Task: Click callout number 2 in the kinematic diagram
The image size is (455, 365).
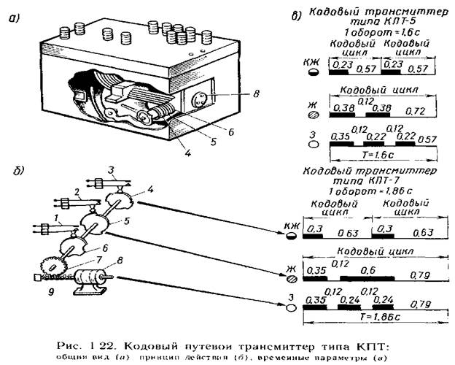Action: pyautogui.click(x=76, y=193)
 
